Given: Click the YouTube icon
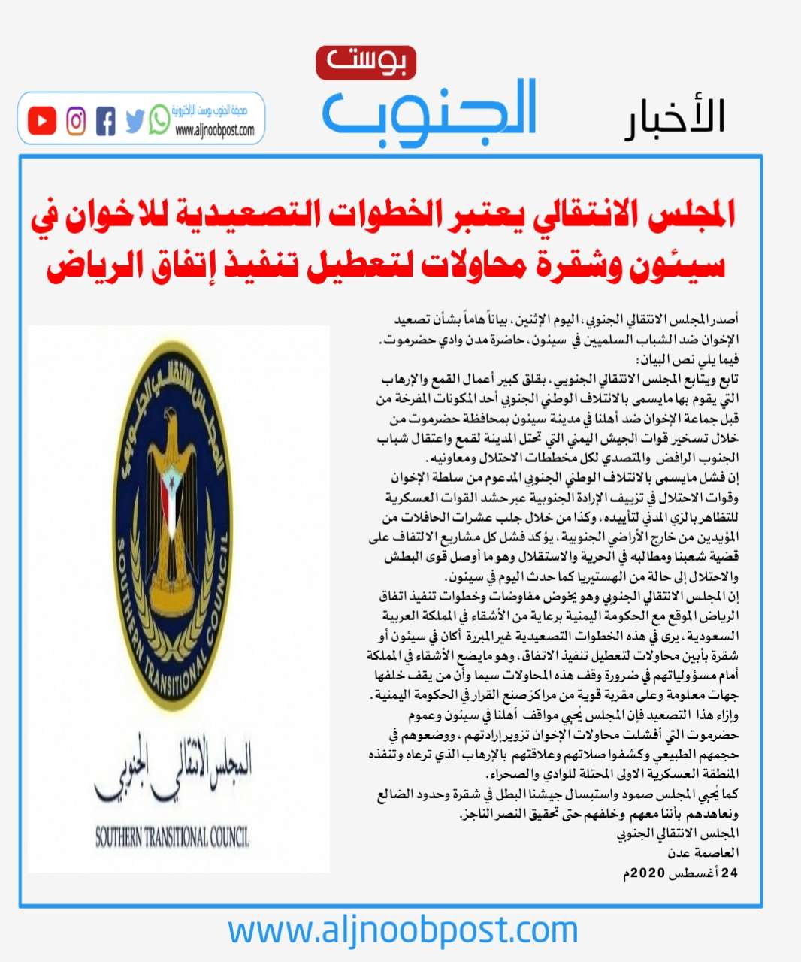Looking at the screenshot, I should point(42,121).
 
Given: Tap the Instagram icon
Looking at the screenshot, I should point(76,121).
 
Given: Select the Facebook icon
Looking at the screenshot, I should point(106,121).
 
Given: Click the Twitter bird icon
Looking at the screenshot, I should point(134,121).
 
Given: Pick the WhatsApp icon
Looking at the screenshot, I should point(159,119).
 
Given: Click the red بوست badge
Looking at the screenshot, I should point(365,63).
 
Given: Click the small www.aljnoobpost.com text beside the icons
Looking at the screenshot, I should point(214,131).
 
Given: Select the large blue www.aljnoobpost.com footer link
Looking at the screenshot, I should point(403,930).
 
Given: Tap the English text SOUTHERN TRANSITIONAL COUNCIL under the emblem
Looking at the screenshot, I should point(172,836).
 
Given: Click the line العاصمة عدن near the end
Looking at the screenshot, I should point(703,853).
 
